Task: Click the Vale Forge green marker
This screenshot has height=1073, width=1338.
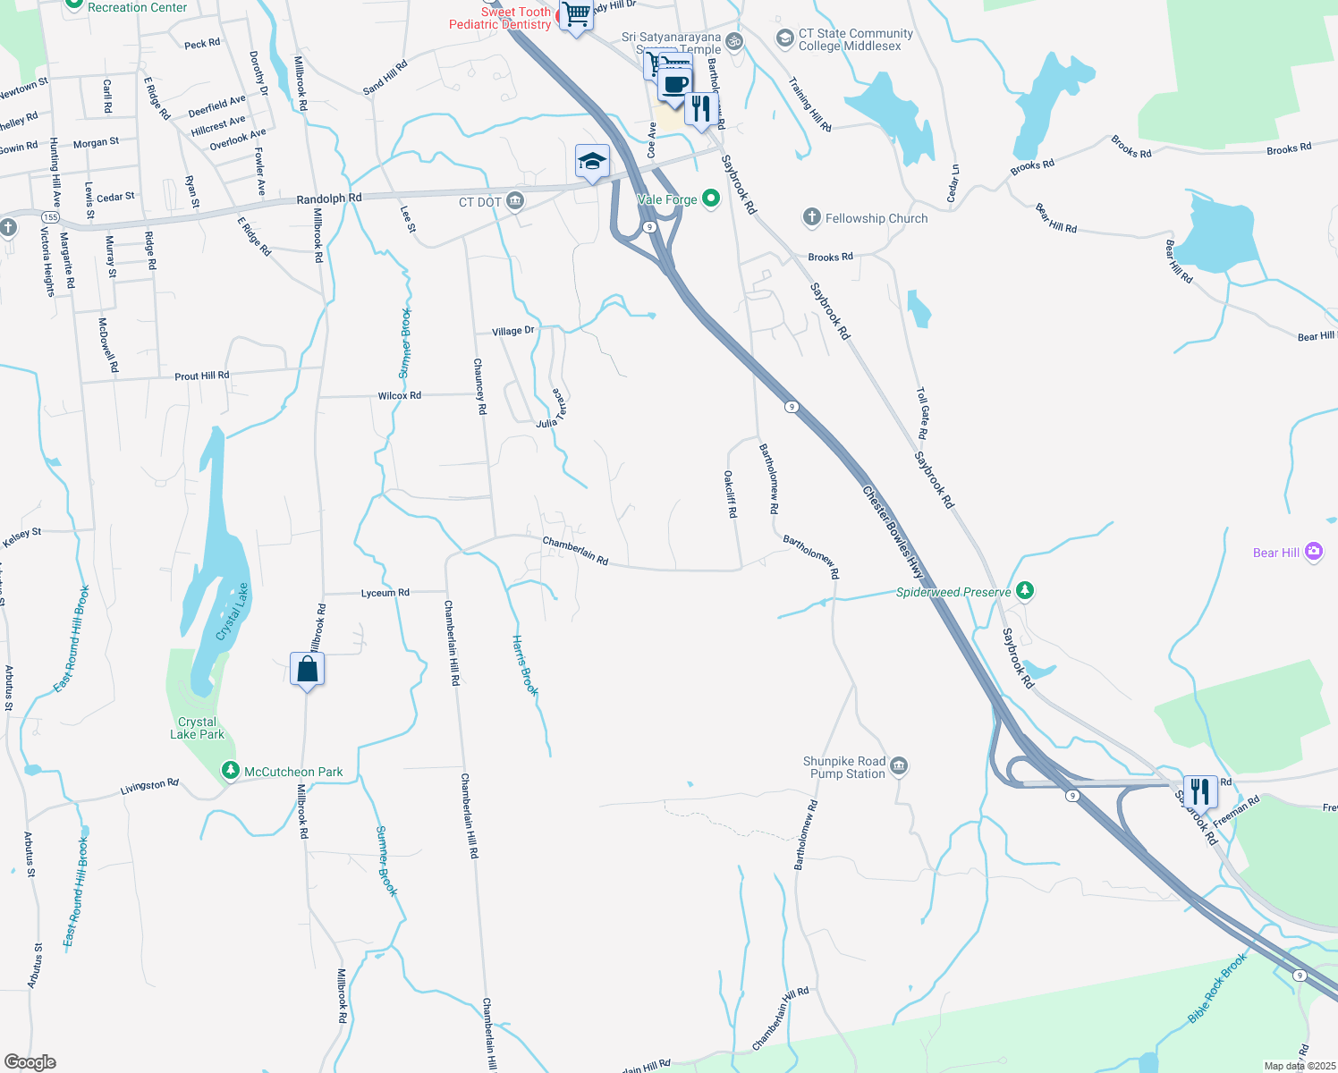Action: click(x=711, y=199)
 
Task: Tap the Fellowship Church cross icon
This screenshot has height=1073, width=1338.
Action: click(x=811, y=217)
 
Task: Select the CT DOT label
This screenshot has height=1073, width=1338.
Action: click(x=480, y=202)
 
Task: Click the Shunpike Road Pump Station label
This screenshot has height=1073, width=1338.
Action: click(x=844, y=767)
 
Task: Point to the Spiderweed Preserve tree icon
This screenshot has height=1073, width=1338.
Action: click(x=1025, y=590)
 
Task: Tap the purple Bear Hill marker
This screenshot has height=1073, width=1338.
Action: click(x=1313, y=552)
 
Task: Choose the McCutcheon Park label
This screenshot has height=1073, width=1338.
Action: click(x=293, y=772)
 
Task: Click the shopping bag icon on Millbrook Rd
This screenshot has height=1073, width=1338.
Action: click(x=307, y=670)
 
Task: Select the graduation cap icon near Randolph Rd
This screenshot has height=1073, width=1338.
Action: click(x=592, y=162)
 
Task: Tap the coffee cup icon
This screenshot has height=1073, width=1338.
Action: click(x=675, y=85)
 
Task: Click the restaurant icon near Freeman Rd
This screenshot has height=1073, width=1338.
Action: click(x=1199, y=791)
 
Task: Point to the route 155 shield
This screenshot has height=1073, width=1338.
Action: click(x=50, y=217)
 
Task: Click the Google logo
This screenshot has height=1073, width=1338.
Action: click(x=30, y=1062)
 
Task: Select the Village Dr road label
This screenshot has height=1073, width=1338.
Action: click(x=513, y=331)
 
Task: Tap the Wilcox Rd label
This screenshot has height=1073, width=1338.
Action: click(x=399, y=395)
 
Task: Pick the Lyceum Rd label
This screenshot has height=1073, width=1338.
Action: click(x=385, y=593)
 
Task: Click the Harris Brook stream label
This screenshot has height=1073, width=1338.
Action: click(x=525, y=665)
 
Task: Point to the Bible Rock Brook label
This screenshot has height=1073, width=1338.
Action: click(x=1217, y=988)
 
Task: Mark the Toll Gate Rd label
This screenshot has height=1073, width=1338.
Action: click(x=923, y=413)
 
